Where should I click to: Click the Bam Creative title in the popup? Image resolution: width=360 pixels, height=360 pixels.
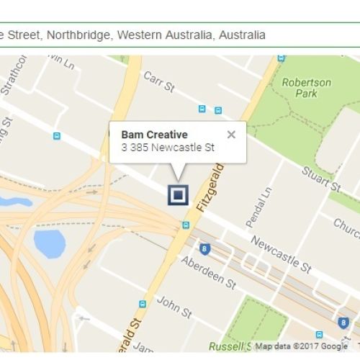(x=154, y=135)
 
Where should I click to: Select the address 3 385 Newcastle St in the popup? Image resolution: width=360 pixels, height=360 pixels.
(x=168, y=148)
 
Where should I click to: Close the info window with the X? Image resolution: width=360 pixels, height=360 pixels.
(x=230, y=134)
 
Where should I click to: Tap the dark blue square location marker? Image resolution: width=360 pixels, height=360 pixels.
(x=177, y=194)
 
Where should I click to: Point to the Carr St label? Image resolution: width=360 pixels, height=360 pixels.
(x=159, y=81)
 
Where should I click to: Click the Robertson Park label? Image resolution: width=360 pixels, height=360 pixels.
(x=307, y=87)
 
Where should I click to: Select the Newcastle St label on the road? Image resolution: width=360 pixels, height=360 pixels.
(x=281, y=254)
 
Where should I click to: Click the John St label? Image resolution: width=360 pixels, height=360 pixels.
(x=174, y=308)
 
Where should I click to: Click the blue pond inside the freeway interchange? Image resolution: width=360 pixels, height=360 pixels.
(x=49, y=244)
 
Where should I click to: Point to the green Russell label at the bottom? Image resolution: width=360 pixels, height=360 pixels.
(x=226, y=346)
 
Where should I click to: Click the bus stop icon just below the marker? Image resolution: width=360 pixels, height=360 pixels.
(x=186, y=225)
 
